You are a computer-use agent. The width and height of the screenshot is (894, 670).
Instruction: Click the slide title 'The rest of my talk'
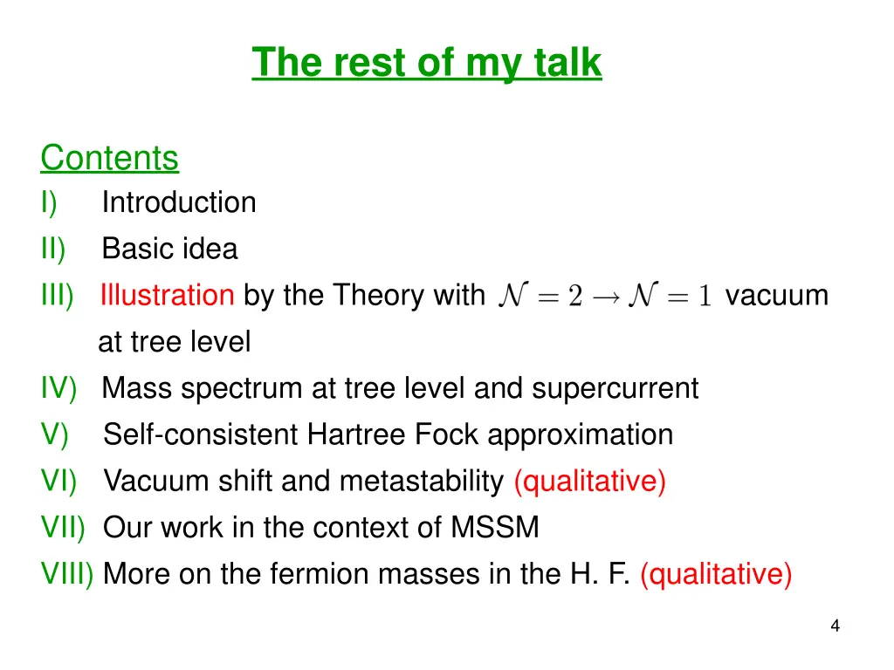point(427,63)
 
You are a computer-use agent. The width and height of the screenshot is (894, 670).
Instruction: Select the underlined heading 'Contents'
point(109,158)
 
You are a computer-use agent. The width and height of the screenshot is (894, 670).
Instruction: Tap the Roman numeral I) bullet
point(49,202)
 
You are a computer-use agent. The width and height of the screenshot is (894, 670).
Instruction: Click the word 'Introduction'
point(179,202)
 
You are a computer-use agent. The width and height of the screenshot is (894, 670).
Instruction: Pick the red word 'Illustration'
point(167,296)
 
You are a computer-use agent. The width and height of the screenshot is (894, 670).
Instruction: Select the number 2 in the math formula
point(574,297)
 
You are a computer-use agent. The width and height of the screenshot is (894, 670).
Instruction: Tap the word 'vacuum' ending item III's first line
point(776,296)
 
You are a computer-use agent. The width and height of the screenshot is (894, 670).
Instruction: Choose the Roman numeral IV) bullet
point(58,388)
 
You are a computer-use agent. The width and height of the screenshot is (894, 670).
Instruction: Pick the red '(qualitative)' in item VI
point(590,482)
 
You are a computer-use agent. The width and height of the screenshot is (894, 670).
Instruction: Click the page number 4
point(835,626)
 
